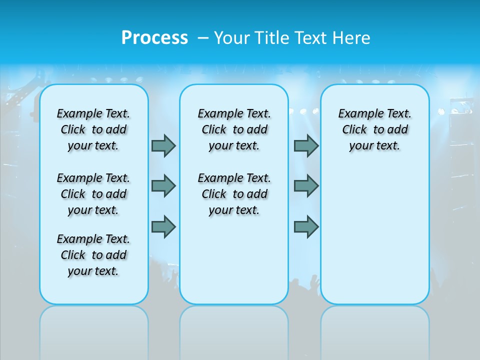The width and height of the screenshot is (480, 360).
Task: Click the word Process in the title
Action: click(154, 37)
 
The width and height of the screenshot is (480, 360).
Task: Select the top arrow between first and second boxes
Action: click(163, 145)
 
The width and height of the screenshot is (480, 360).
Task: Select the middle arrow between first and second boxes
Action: click(163, 186)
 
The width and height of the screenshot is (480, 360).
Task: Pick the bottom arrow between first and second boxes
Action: click(163, 226)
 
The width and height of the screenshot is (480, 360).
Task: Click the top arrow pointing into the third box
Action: click(306, 145)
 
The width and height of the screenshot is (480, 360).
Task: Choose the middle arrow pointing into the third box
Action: click(306, 186)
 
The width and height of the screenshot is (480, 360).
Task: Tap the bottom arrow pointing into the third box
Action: click(306, 226)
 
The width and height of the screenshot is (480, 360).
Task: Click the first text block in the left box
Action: click(93, 129)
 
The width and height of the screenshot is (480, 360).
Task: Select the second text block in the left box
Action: click(93, 194)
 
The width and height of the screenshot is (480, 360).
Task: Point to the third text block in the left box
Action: click(93, 255)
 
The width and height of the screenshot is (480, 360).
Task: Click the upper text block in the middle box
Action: click(234, 129)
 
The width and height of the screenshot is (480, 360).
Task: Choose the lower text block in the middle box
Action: click(234, 194)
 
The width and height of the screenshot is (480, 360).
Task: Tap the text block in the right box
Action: click(374, 129)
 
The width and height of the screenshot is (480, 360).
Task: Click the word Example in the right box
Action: click(357, 114)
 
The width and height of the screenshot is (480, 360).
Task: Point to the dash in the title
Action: click(202, 38)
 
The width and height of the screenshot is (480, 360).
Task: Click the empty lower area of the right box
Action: click(374, 235)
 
